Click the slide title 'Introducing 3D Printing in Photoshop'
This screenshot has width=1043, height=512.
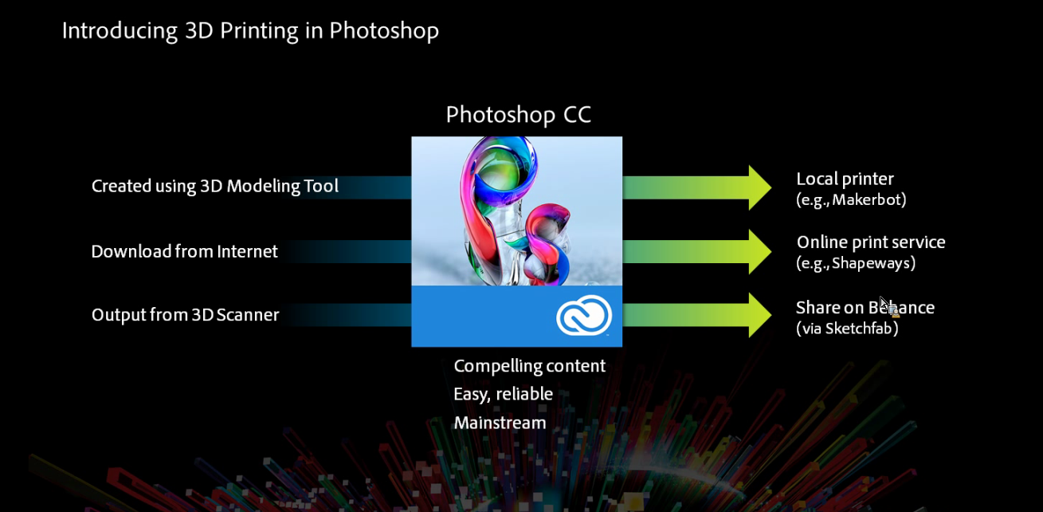(250, 32)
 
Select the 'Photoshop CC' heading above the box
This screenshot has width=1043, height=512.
(518, 115)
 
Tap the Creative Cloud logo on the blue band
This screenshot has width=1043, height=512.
(584, 315)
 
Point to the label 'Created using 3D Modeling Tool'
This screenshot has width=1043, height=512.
(214, 186)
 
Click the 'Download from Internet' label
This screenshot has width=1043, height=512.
(184, 251)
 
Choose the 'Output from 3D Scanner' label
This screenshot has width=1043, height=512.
(186, 315)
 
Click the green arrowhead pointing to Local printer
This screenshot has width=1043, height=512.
(760, 187)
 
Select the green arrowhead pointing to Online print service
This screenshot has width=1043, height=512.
(760, 251)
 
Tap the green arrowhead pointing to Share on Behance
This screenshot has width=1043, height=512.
(760, 315)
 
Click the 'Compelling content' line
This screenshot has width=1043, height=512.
(529, 367)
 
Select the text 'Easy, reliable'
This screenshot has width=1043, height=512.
(503, 395)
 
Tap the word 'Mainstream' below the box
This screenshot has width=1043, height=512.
(500, 423)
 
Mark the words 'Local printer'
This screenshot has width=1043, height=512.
(845, 179)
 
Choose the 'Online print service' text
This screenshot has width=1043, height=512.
(871, 242)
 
